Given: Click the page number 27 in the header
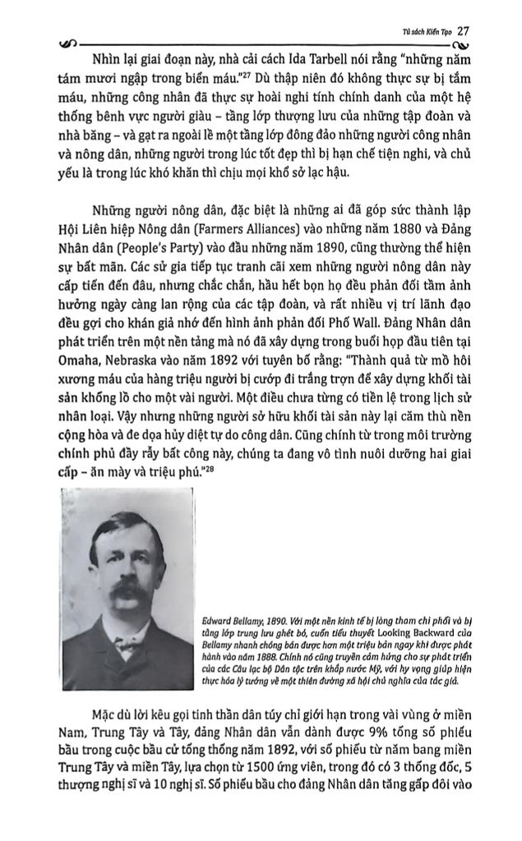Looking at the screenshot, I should tap(463, 30).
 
